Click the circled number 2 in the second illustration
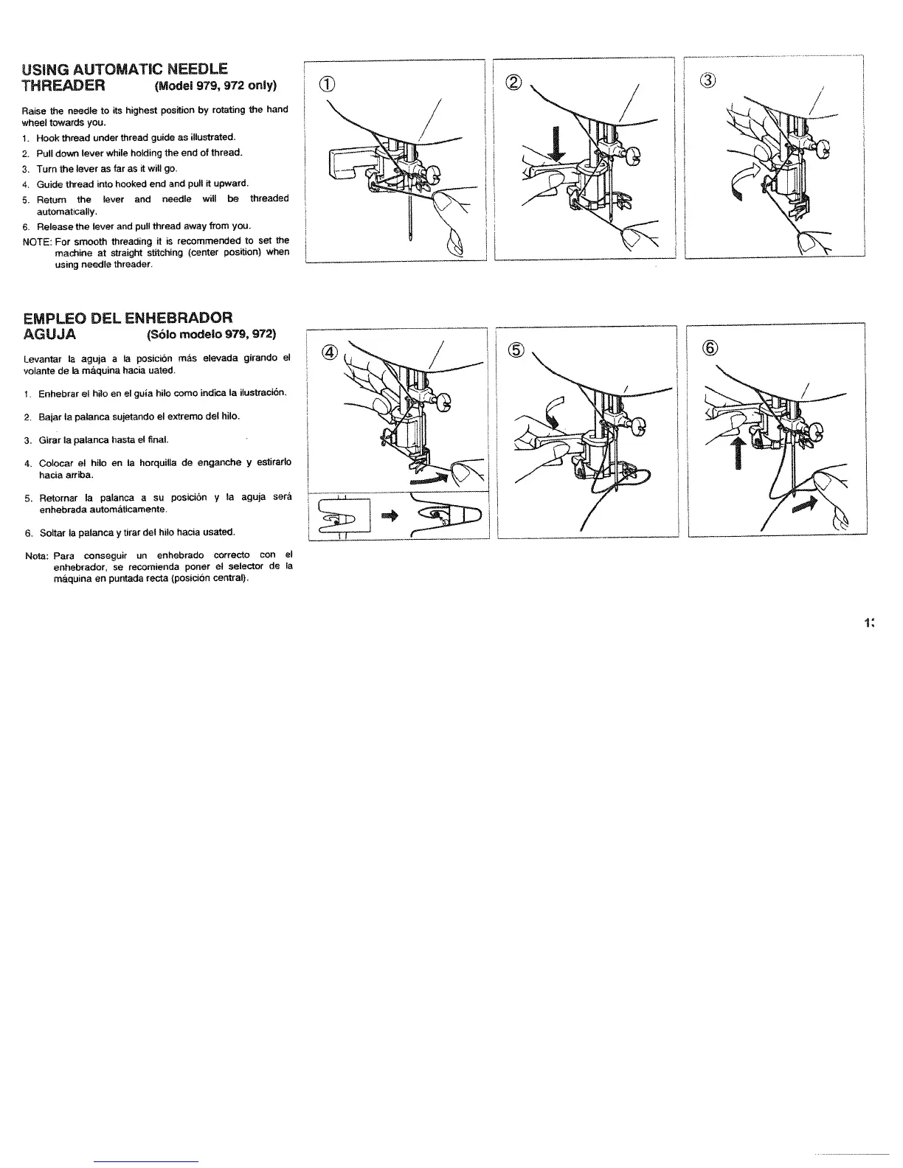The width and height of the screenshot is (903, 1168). (514, 82)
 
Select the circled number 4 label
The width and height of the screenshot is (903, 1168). (330, 352)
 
